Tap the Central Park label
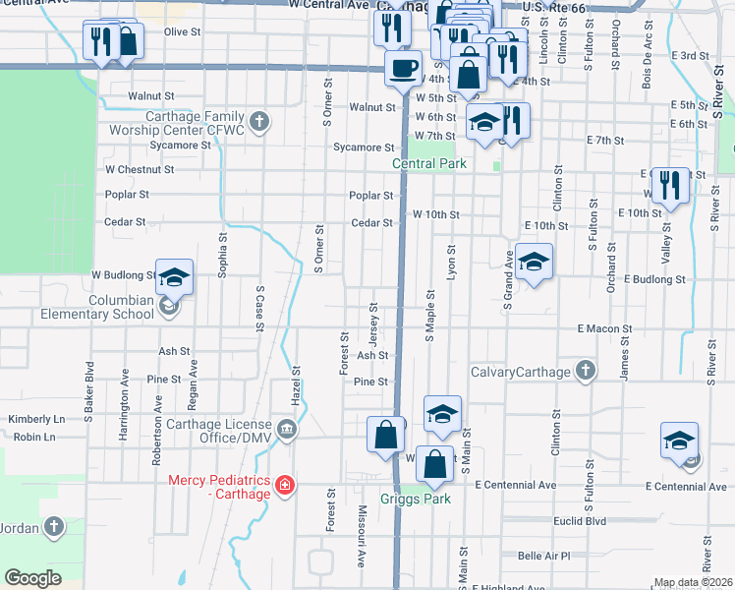[427, 164]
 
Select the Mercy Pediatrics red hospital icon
[284, 485]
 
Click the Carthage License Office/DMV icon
[286, 428]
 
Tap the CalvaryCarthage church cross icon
[586, 371]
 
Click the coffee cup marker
[402, 68]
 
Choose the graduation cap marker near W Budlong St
[173, 277]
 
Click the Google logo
[33, 578]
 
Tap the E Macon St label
[605, 326]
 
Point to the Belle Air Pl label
[543, 556]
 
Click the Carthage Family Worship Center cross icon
[259, 122]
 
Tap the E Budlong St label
[653, 280]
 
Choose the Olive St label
[182, 31]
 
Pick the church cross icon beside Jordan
[53, 528]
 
